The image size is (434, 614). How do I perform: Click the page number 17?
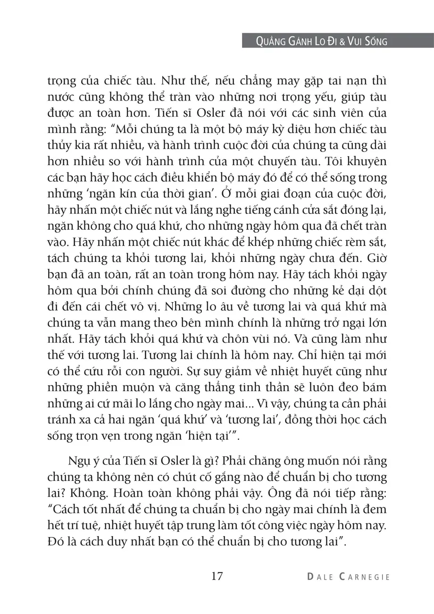pos(217,576)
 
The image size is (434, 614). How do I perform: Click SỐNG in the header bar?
pos(375,41)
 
